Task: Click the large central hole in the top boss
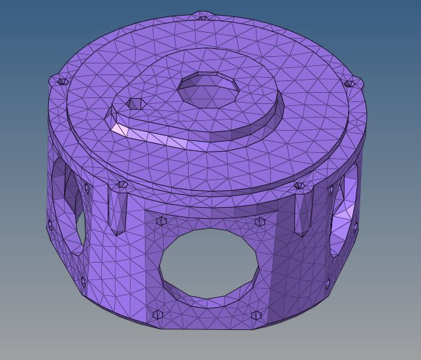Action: point(208,90)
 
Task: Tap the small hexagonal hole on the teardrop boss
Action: point(136,104)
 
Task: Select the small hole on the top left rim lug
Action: point(62,82)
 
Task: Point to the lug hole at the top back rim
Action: point(203,16)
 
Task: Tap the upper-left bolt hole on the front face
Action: point(161,221)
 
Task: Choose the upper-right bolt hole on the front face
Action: point(260,222)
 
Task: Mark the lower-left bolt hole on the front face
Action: point(157,314)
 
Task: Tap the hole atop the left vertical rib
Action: point(121,185)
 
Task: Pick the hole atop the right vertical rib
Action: point(299,186)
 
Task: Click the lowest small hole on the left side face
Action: point(83,282)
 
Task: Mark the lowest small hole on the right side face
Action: point(328,284)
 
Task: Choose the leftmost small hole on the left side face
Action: point(50,225)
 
